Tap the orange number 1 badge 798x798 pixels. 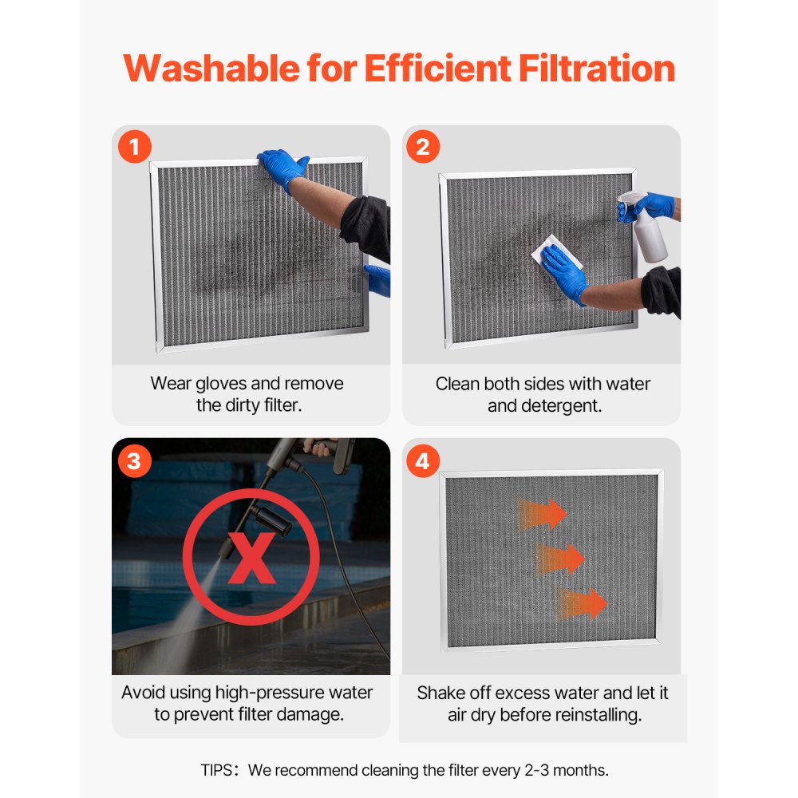click(x=135, y=147)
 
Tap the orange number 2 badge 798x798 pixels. click(x=423, y=147)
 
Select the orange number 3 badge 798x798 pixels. click(x=134, y=460)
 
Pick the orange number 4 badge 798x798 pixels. click(x=423, y=461)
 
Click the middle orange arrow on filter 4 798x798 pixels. click(x=562, y=558)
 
